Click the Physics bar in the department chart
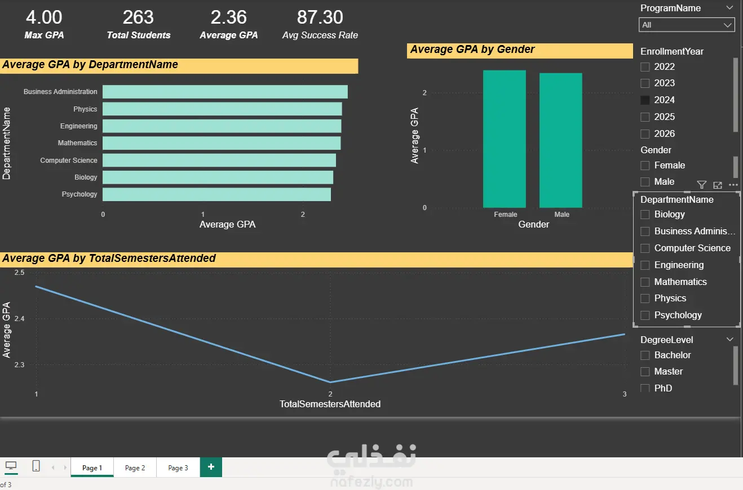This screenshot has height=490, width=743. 222,109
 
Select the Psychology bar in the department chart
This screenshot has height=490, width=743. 216,194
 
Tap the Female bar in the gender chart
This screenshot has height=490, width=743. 504,139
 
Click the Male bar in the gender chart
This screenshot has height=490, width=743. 560,140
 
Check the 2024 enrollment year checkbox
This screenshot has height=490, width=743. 645,100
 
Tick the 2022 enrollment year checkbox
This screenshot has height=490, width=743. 645,67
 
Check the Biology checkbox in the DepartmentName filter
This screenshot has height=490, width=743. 645,215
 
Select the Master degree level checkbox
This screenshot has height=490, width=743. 645,372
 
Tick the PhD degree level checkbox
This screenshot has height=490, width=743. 645,388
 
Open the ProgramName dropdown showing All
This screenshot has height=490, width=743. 687,25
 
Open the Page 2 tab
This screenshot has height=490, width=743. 135,467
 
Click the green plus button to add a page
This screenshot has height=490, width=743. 211,467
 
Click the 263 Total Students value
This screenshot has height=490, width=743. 138,17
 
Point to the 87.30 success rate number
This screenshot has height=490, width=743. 320,17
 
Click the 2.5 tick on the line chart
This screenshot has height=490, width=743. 19,273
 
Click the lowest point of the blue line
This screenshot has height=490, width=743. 330,382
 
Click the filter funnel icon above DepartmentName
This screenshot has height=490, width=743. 701,185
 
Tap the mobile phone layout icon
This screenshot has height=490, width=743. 36,466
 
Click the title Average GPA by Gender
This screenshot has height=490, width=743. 472,50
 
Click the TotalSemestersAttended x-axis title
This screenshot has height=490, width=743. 330,404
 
